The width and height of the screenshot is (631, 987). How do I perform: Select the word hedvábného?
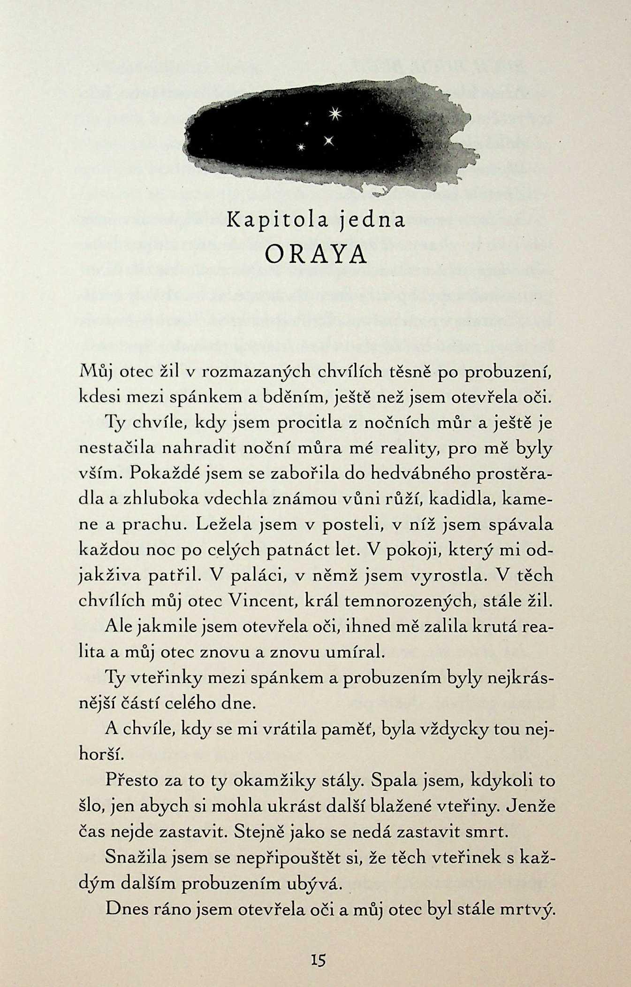[420, 474]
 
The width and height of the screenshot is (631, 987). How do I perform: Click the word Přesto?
[131, 780]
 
